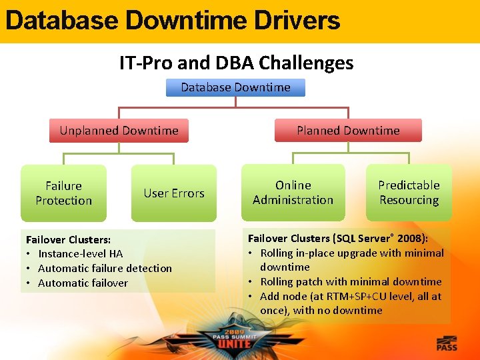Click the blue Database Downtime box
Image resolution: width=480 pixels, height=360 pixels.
click(x=235, y=87)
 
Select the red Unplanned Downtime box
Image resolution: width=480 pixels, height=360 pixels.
click(x=119, y=131)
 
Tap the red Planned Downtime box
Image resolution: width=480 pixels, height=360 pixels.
click(x=348, y=131)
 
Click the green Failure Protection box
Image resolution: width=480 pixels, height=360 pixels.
click(x=63, y=193)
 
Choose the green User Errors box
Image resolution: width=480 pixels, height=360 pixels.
click(x=174, y=193)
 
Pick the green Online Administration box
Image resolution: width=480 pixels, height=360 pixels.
click(x=293, y=193)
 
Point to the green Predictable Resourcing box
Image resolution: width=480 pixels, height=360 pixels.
click(x=409, y=193)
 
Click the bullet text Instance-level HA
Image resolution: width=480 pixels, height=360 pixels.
click(x=80, y=253)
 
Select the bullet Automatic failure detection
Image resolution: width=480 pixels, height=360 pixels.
click(x=105, y=268)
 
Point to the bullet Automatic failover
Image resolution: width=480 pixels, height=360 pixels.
click(x=83, y=283)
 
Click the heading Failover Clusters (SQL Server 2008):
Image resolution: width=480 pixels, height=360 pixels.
click(x=338, y=238)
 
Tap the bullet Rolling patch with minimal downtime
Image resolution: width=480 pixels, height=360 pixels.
click(x=351, y=281)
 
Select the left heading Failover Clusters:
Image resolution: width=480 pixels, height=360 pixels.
click(x=68, y=239)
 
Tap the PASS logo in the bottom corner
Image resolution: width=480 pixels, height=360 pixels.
click(x=447, y=344)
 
